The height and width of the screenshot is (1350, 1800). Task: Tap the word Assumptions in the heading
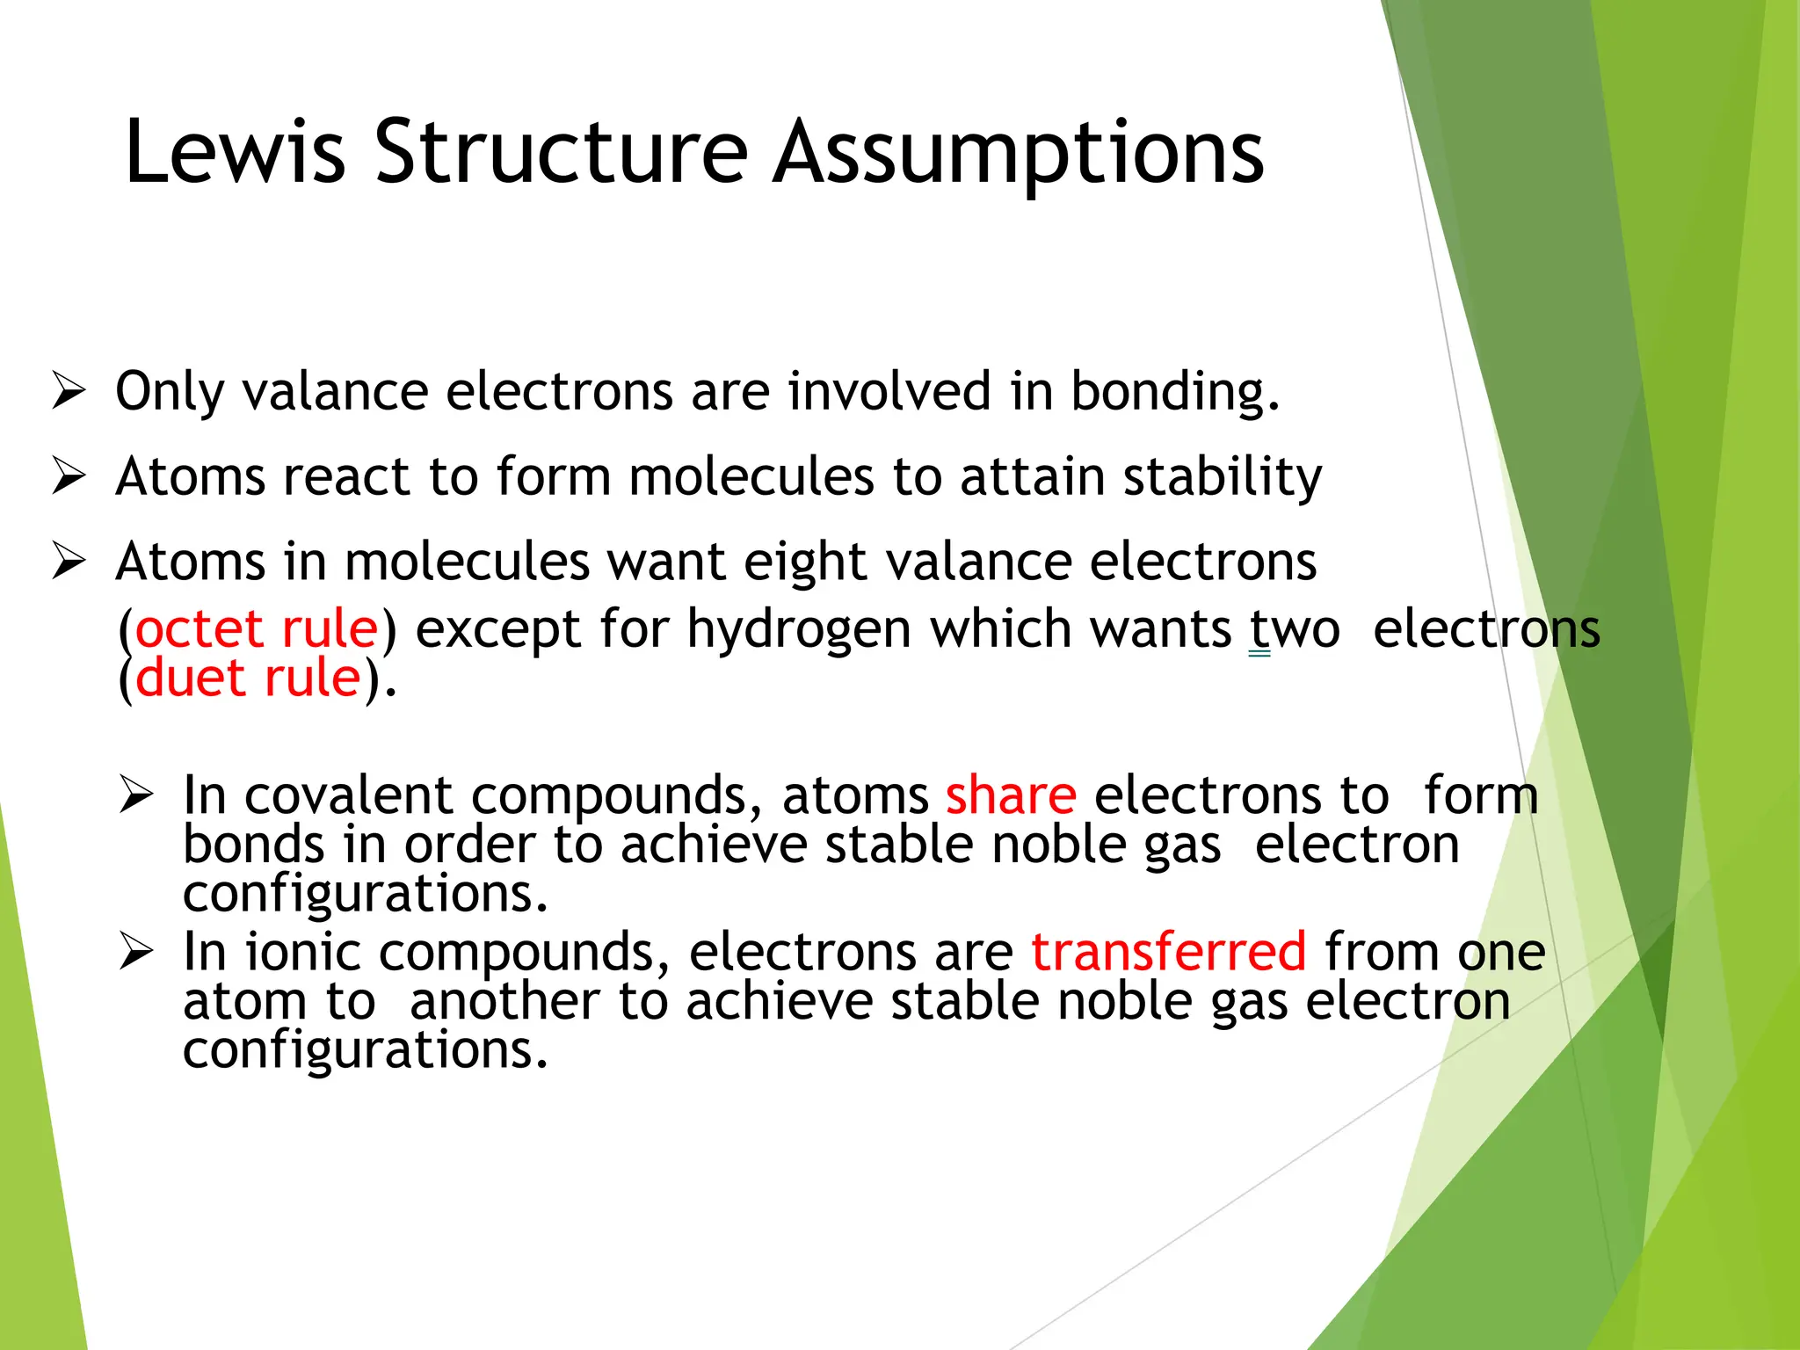tap(1019, 154)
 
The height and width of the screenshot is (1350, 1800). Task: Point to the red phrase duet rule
tap(249, 678)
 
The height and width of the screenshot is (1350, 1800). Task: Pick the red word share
tap(1011, 795)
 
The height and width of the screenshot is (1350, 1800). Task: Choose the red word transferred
tap(1168, 951)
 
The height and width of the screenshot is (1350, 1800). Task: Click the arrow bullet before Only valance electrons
tap(69, 390)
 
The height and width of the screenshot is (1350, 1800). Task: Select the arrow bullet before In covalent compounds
tap(136, 795)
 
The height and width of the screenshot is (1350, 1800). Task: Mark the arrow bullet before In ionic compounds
tap(136, 951)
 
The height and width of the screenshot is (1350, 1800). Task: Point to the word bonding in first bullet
tap(1174, 392)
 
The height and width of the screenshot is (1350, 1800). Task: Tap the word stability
tap(1223, 477)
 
